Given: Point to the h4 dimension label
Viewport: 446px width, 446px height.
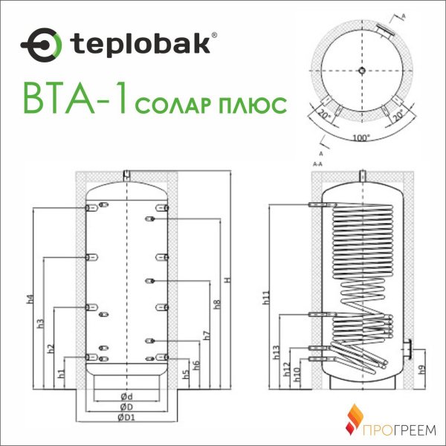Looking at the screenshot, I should (30, 300).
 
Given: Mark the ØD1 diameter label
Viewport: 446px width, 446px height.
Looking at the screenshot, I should (124, 418).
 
